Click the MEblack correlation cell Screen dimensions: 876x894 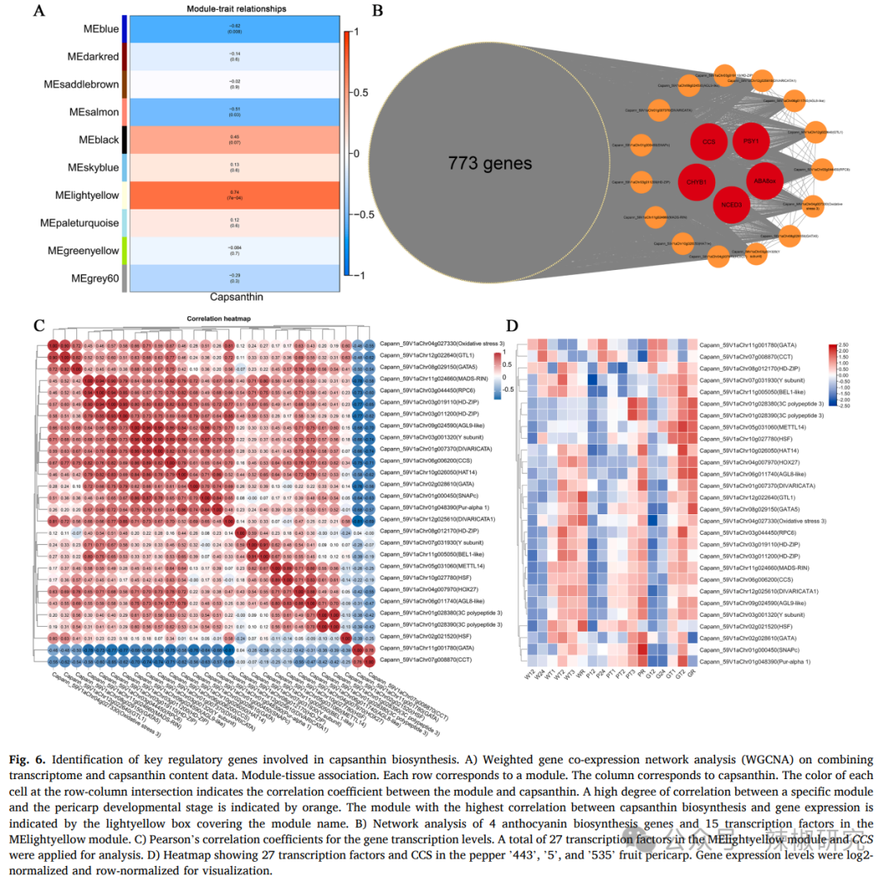point(236,140)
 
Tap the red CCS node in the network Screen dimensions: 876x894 point(709,142)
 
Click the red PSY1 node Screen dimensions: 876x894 point(751,142)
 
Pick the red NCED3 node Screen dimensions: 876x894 point(731,203)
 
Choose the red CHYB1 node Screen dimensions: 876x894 point(695,182)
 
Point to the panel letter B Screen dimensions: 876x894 point(377,11)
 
